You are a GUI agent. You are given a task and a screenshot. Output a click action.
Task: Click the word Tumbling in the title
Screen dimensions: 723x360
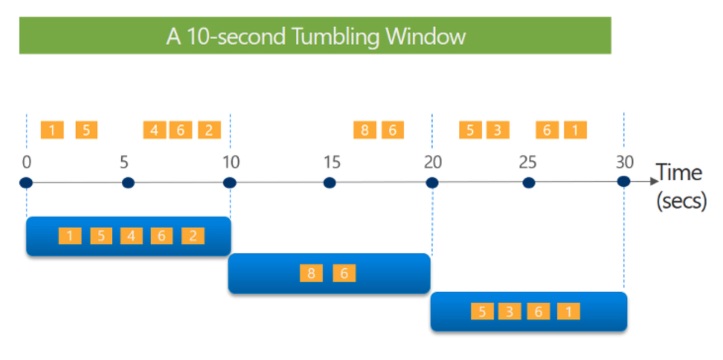pos(335,37)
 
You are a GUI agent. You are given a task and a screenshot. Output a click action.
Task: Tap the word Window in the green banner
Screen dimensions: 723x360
pos(425,36)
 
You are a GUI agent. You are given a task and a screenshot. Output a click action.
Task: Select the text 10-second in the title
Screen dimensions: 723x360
pos(236,36)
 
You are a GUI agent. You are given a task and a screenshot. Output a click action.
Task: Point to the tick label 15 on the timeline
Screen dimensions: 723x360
pos(332,162)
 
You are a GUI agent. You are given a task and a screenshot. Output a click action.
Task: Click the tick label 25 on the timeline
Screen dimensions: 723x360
pos(528,162)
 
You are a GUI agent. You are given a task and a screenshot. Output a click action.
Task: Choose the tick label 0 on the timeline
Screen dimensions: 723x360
pos(27,162)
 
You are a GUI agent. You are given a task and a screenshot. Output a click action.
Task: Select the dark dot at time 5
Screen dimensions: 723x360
pos(128,183)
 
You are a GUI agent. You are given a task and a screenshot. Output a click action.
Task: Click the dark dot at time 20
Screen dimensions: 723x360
pos(432,183)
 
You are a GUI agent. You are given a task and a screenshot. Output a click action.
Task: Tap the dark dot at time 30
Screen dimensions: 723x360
pos(623,181)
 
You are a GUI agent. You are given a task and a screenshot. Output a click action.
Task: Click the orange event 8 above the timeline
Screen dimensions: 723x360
pos(365,130)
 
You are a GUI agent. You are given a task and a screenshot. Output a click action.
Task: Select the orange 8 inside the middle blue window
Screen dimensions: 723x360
pos(311,273)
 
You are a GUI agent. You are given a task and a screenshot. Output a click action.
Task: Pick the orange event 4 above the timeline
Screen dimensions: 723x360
pos(155,130)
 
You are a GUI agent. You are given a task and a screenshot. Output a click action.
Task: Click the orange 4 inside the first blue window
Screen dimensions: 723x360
pos(131,236)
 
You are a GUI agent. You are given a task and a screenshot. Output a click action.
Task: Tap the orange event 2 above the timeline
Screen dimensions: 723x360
pos(210,130)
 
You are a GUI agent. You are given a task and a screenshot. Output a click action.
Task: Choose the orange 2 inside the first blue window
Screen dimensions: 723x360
pos(193,236)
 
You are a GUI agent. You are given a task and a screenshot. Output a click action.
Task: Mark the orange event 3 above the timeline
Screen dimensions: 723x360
pos(498,130)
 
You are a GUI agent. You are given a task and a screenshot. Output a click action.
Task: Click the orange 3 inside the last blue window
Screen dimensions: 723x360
pos(509,311)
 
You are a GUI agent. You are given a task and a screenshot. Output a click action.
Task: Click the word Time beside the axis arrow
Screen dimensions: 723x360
pos(679,172)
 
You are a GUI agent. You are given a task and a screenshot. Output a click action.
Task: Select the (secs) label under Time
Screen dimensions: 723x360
pos(682,201)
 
